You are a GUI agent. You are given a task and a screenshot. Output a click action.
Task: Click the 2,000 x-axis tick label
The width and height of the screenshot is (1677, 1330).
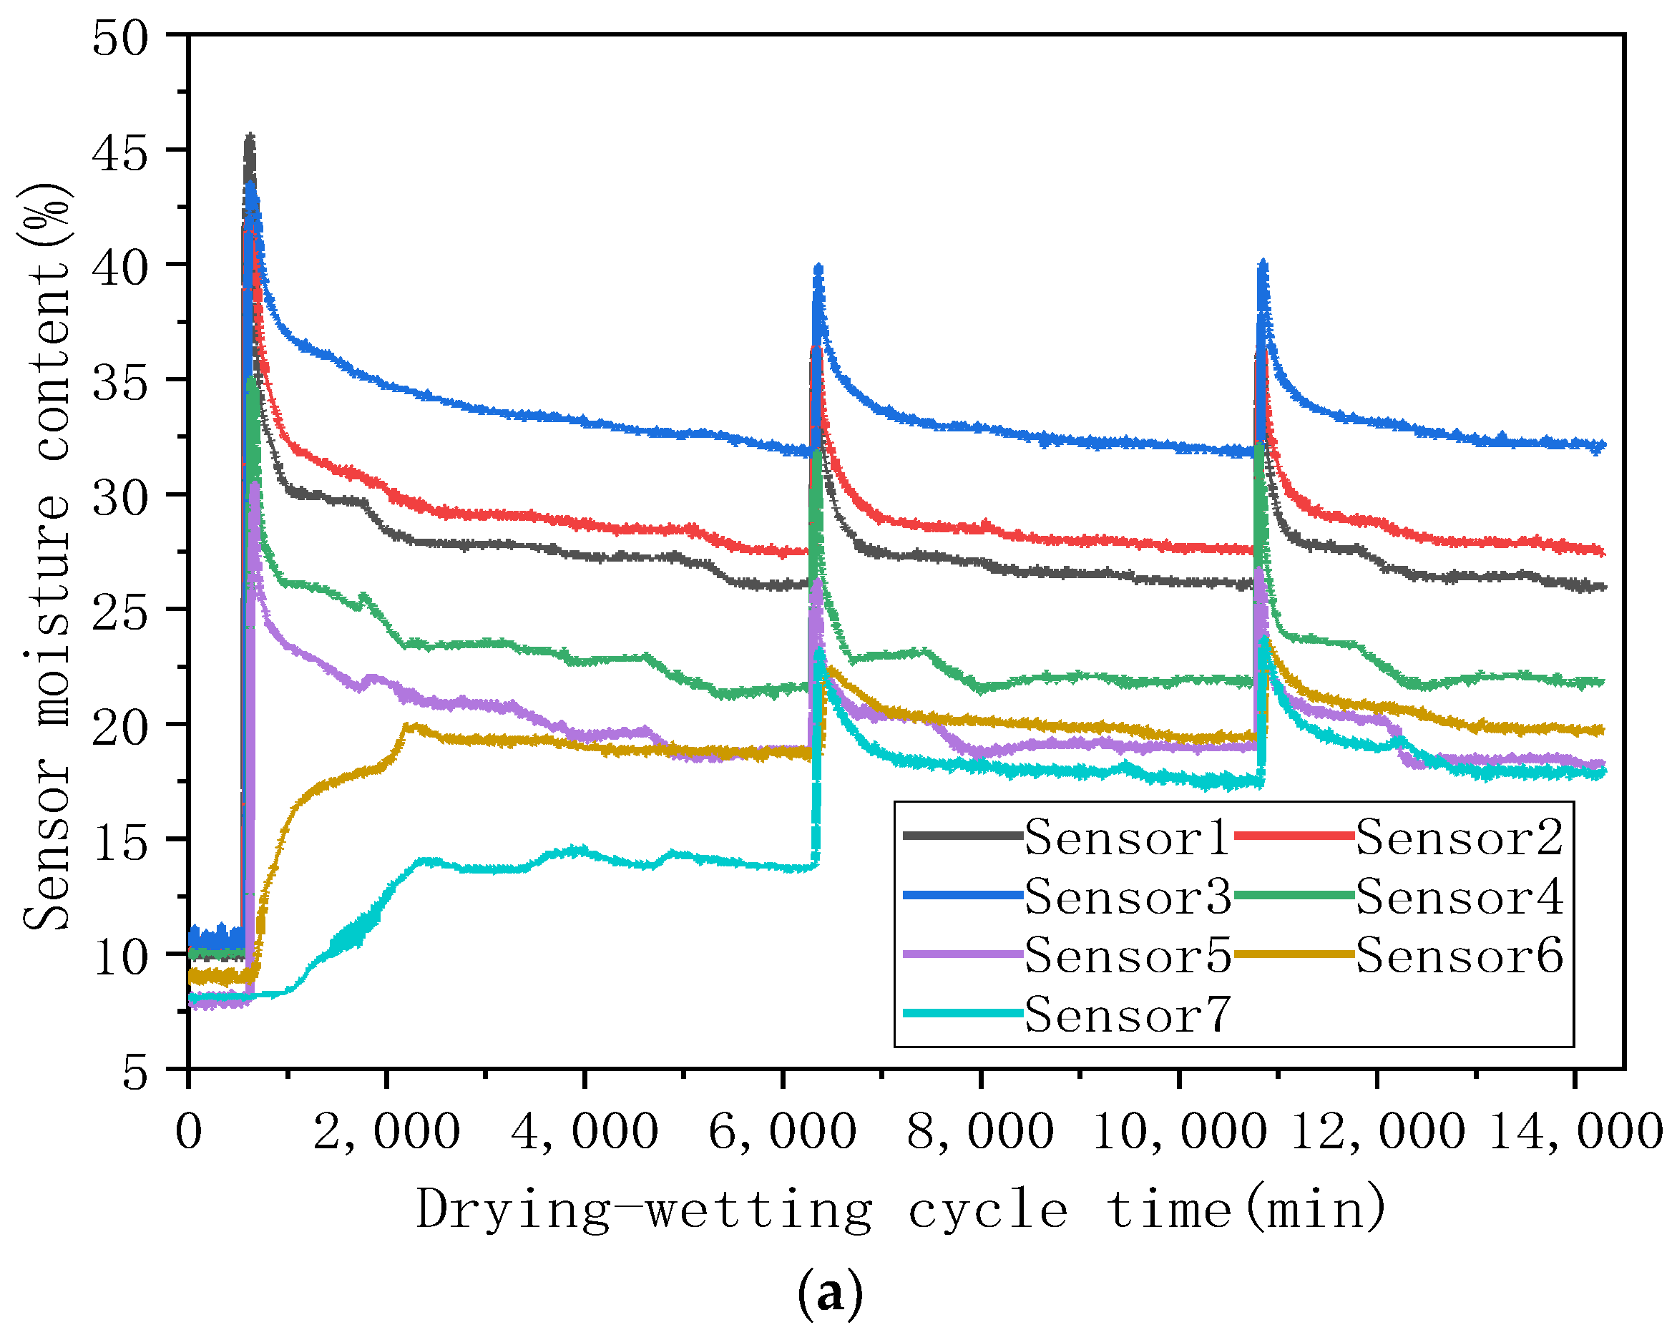[386, 1132]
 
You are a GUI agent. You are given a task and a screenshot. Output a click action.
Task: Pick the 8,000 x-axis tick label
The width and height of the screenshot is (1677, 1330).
[980, 1132]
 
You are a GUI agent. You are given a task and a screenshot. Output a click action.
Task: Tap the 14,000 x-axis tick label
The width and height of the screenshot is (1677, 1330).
[1575, 1132]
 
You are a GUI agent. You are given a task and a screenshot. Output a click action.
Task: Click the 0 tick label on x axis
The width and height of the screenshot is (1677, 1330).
[189, 1132]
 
